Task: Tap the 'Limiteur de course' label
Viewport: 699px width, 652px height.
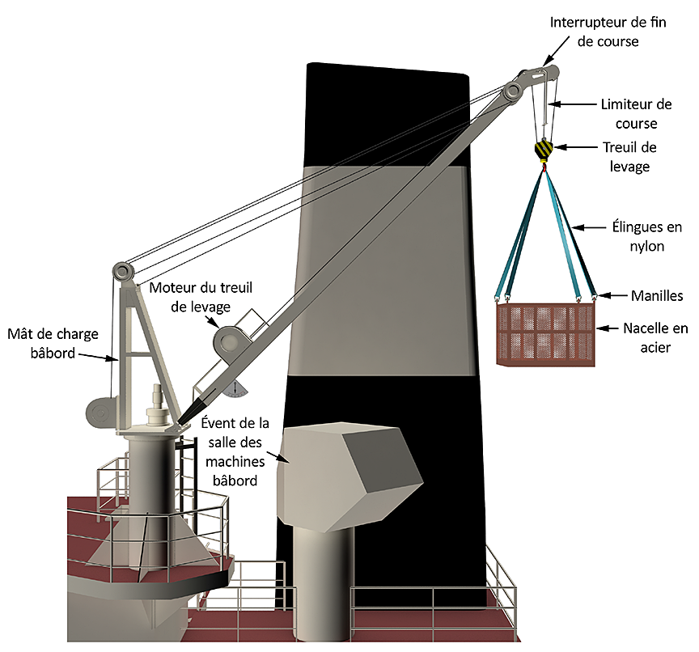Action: coord(636,114)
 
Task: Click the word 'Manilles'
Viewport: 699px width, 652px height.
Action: coord(657,296)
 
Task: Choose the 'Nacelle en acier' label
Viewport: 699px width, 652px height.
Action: coord(655,337)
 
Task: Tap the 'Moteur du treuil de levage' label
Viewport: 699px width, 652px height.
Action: coord(189,297)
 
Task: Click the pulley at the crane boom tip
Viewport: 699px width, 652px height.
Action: coord(513,91)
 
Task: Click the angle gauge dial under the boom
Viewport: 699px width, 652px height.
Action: coord(236,389)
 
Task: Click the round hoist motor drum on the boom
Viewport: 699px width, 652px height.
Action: coord(226,341)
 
